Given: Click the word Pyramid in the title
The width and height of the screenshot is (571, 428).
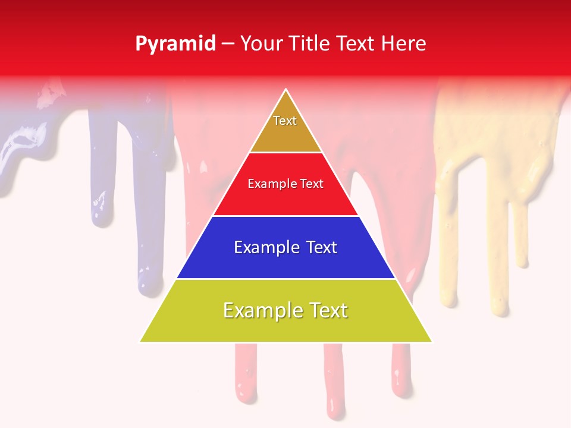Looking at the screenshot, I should [175, 44].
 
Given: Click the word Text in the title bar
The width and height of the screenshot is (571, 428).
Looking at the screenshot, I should [356, 44].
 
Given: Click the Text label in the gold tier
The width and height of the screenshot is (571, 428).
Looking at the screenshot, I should [285, 121].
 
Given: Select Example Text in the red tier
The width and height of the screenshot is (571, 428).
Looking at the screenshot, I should [285, 184].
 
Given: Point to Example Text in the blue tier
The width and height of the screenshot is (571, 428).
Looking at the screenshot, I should [285, 247].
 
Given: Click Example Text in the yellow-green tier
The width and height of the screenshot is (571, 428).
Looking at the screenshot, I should [285, 310].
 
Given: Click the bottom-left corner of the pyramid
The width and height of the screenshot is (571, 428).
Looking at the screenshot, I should [141, 341].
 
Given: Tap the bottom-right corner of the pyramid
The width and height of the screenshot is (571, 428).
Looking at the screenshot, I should [431, 341].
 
